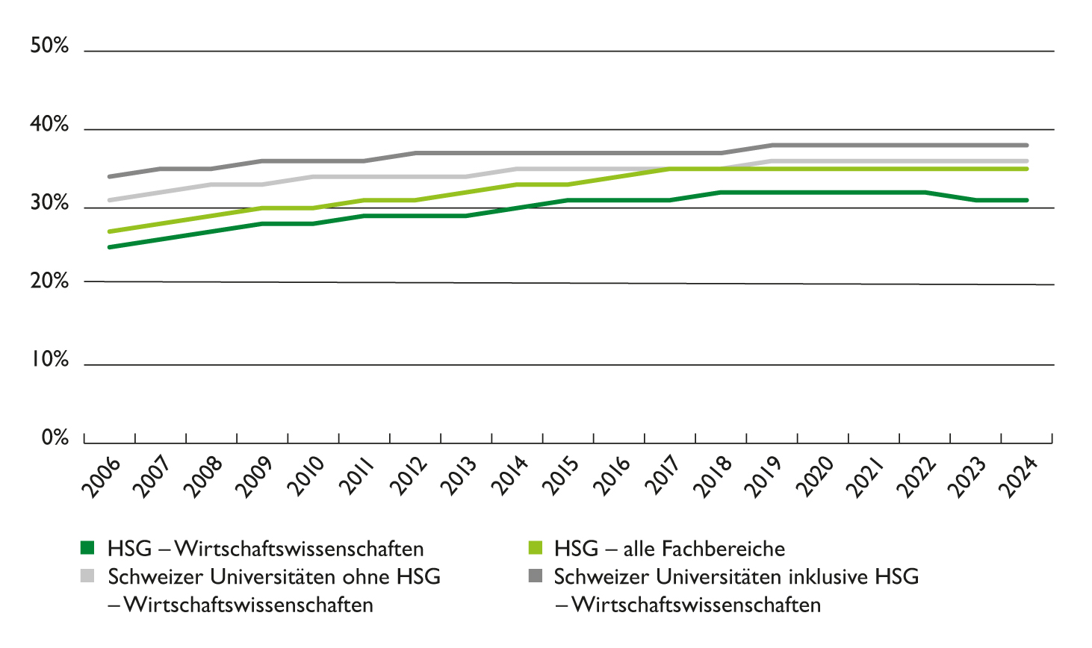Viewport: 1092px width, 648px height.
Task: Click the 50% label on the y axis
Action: tap(49, 46)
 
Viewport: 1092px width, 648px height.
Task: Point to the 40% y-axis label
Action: tap(49, 125)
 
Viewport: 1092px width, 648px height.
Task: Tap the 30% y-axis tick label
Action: tap(49, 203)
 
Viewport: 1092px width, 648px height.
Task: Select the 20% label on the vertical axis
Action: tap(49, 281)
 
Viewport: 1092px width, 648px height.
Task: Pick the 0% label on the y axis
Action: tap(55, 437)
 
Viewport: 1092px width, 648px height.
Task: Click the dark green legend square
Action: tap(87, 549)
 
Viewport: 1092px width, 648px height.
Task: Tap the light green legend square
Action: tap(535, 549)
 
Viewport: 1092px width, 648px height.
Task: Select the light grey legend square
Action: tap(87, 576)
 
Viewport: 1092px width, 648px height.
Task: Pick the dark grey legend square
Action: tap(535, 576)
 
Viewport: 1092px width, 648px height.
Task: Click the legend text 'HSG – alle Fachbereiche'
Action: tap(669, 549)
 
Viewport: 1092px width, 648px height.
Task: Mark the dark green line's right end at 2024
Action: tap(1027, 200)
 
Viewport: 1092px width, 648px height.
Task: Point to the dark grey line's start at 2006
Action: tap(110, 176)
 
